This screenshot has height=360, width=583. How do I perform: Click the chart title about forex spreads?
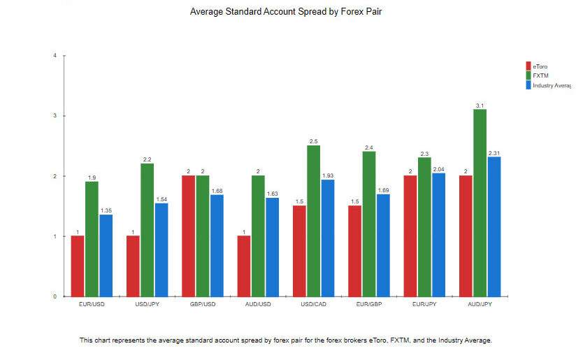coord(291,12)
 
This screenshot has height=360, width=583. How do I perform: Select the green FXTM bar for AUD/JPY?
coord(480,203)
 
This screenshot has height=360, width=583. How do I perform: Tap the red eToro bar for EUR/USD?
coord(78,266)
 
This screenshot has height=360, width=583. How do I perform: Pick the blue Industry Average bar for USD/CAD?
coord(327,238)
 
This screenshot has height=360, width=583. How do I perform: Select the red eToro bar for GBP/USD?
coord(189,236)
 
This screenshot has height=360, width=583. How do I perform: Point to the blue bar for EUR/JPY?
coord(438,234)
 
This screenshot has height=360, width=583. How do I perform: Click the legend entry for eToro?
coord(540,66)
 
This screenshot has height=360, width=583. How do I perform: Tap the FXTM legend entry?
coord(540,75)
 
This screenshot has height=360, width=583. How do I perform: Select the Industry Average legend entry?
coord(552,85)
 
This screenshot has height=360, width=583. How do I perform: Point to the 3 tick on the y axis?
coord(55,115)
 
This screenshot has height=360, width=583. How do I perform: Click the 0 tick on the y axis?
coord(55,296)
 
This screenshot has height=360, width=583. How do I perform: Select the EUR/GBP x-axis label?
coord(369,305)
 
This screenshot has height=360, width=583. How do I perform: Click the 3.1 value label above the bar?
coord(480,106)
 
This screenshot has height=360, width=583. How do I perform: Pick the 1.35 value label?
coord(106,210)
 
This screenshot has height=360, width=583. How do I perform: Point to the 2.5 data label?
coord(313,142)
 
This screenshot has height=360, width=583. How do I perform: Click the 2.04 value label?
coord(438,169)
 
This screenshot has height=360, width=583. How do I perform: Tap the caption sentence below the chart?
coord(286,340)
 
